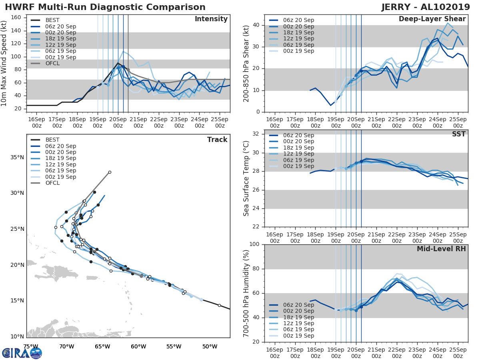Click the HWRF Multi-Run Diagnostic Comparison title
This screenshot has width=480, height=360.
click(105, 7)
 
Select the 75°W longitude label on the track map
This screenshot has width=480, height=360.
click(30, 346)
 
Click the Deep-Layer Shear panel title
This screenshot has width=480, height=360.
click(432, 19)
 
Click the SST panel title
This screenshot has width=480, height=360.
click(458, 134)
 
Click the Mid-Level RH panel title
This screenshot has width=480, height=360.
click(441, 249)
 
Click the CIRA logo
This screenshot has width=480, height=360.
click(22, 353)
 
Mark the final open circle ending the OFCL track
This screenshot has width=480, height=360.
click(110, 172)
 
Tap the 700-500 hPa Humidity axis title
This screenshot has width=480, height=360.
click(246, 293)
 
